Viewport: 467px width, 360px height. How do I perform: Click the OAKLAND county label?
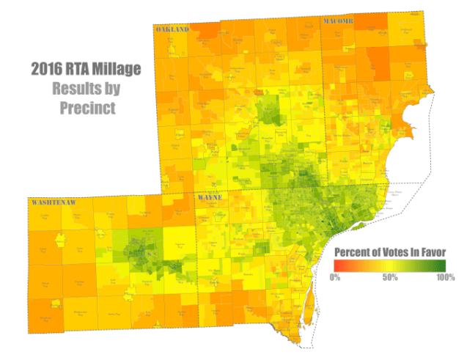click(172, 29)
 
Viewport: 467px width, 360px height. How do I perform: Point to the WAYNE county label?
click(210, 198)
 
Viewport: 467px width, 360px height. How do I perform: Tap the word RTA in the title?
click(81, 70)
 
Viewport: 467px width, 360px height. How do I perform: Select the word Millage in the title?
click(117, 70)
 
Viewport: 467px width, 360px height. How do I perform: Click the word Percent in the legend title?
click(350, 252)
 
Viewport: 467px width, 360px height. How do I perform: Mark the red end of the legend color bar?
click(337, 265)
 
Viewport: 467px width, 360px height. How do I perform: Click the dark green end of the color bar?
click(443, 265)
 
